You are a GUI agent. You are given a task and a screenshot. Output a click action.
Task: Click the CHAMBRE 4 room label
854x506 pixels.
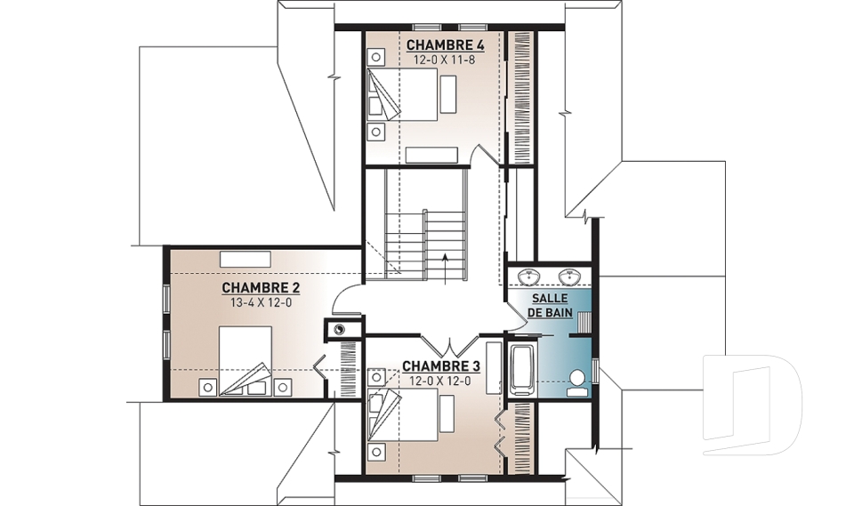[x=446, y=44]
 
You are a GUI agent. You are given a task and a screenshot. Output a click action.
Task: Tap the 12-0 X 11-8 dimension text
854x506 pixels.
[x=445, y=60]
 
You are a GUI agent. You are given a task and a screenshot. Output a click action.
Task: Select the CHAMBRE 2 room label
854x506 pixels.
[x=261, y=287]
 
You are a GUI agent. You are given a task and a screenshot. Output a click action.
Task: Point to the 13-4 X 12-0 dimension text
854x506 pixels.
[x=261, y=303]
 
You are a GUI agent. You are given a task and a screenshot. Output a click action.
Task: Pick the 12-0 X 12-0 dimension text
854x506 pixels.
[x=440, y=382]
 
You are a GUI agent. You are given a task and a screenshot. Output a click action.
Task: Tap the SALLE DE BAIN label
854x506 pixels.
[x=550, y=306]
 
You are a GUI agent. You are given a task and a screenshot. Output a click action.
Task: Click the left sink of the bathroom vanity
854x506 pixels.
[x=528, y=277]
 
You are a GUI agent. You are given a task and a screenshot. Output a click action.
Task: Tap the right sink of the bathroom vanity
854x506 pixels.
[x=569, y=277]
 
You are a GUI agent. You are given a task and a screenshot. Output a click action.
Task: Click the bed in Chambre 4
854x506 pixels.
[x=402, y=95]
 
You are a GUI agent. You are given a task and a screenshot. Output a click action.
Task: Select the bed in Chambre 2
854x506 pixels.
[x=246, y=360]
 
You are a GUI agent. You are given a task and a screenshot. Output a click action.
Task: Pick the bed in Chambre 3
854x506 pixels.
[x=402, y=414]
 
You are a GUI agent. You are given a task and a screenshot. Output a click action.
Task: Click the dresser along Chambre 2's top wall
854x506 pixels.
[x=246, y=259]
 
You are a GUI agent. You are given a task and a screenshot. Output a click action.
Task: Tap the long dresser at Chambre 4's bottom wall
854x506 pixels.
[x=431, y=155]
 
